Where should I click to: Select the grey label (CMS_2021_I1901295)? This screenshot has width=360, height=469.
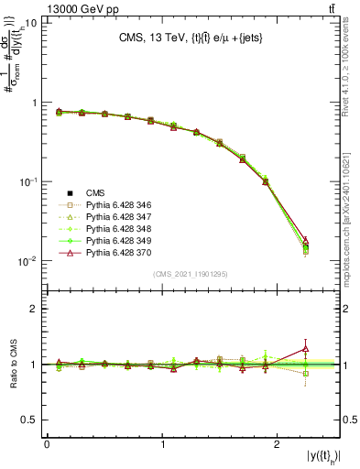pyautogui.click(x=191, y=274)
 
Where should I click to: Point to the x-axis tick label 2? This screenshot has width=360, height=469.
pyautogui.click(x=279, y=443)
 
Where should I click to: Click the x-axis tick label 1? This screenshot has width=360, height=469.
pyautogui.click(x=162, y=443)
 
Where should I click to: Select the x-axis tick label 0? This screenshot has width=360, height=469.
pyautogui.click(x=47, y=443)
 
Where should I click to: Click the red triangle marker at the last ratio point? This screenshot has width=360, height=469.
pyautogui.click(x=305, y=347)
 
